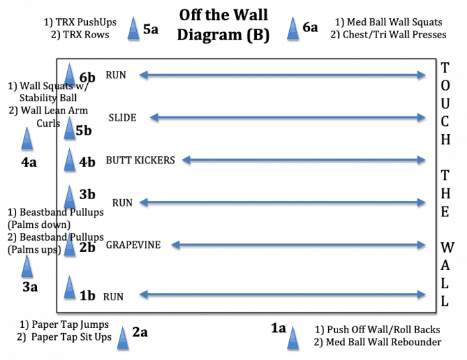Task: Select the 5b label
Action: point(83,131)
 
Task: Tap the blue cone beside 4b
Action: point(70,160)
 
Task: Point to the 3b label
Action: point(87,194)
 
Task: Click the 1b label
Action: point(87,296)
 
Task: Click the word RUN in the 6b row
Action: point(115,75)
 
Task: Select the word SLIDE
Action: point(122,118)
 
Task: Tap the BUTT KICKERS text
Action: point(140,160)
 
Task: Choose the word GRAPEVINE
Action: point(133,245)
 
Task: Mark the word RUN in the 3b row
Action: point(122,202)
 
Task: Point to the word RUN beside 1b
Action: point(113,296)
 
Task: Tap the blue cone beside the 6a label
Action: point(293,29)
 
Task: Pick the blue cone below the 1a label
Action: point(293,339)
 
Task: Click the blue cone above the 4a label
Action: point(27,139)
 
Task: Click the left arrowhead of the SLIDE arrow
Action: point(154,118)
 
